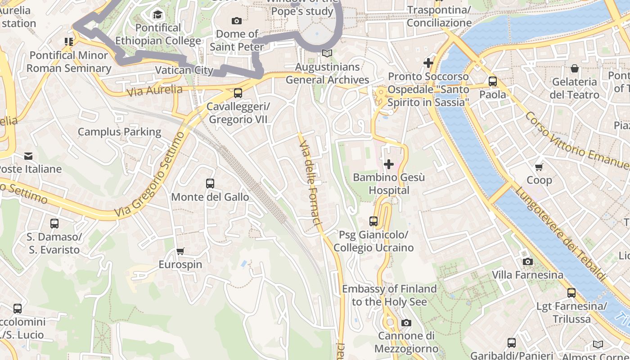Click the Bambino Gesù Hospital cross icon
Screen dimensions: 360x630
(389, 164)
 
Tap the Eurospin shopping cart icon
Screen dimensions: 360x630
(180, 251)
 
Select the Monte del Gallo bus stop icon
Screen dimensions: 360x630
(210, 184)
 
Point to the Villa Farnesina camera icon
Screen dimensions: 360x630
(527, 262)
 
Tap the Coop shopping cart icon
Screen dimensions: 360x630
(539, 167)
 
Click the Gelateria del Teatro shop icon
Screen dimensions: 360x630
(575, 68)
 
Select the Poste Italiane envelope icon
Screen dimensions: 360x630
(28, 156)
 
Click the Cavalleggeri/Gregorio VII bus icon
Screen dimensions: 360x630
(238, 93)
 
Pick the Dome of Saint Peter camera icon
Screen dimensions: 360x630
(236, 21)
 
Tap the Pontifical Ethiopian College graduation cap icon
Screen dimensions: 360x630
(157, 15)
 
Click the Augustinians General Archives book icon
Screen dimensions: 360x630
(327, 54)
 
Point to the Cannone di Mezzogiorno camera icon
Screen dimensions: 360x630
(406, 323)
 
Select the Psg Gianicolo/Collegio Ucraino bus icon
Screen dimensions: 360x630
(373, 221)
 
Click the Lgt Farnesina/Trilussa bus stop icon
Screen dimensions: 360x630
(571, 293)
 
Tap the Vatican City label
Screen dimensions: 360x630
(184, 70)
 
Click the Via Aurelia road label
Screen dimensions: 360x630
(154, 90)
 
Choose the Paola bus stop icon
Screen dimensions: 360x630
(493, 81)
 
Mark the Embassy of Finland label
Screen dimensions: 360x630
(389, 295)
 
